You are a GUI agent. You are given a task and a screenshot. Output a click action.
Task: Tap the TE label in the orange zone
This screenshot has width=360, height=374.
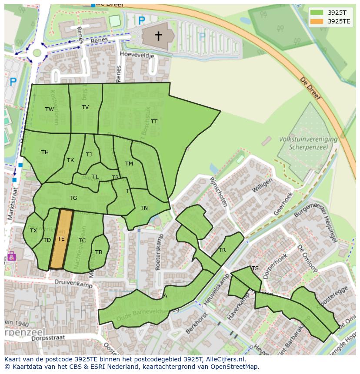61,239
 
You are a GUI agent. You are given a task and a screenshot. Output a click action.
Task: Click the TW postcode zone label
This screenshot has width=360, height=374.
50,109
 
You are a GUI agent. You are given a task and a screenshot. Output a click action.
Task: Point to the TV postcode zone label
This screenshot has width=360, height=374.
85,107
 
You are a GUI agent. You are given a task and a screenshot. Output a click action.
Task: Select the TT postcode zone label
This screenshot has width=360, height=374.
154,122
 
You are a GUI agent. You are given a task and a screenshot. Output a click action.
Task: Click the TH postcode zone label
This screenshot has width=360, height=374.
45,152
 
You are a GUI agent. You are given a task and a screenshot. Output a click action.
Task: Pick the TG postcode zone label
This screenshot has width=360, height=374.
73,198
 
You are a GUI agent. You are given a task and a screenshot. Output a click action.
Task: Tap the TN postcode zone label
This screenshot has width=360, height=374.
144,208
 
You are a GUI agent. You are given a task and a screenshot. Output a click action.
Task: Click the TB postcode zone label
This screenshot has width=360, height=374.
99,252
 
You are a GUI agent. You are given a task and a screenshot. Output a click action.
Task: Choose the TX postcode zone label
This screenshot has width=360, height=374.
33,231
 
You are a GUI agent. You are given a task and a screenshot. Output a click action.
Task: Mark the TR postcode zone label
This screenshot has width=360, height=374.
222,250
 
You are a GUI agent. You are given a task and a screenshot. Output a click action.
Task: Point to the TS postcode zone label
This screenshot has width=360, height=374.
255,268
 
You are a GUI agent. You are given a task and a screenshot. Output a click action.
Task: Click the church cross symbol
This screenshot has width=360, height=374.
158,36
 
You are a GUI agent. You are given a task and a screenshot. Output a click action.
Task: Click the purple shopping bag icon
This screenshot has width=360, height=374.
11,256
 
